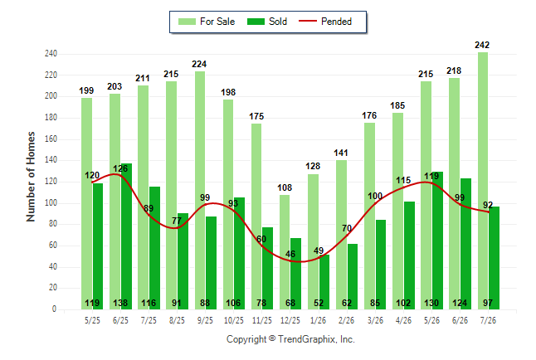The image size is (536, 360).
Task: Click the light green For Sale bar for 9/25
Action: [200, 191]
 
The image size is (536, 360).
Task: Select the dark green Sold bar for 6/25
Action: [126, 236]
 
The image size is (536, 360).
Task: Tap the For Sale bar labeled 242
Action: [483, 181]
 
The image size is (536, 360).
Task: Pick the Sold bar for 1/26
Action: [324, 282]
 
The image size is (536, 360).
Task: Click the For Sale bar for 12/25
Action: [285, 252]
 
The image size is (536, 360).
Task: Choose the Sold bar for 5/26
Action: [437, 241]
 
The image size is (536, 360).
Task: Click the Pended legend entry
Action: [325, 22]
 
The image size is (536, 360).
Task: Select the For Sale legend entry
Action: [207, 22]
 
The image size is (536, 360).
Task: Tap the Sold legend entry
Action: [267, 22]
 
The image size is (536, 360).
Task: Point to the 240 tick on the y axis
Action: [51, 54]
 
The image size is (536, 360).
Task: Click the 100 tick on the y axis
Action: [51, 203]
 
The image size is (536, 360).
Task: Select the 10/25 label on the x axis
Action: [234, 320]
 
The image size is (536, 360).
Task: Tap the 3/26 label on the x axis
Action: [375, 320]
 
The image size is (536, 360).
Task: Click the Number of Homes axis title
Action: [31, 177]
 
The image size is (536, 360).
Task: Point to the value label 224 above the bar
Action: [199, 64]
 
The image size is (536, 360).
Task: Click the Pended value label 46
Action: [290, 254]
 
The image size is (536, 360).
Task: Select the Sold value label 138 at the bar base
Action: [120, 303]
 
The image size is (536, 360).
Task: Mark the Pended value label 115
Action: [403, 180]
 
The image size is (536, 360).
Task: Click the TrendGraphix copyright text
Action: [290, 339]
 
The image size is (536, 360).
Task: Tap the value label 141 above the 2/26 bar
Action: [341, 153]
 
